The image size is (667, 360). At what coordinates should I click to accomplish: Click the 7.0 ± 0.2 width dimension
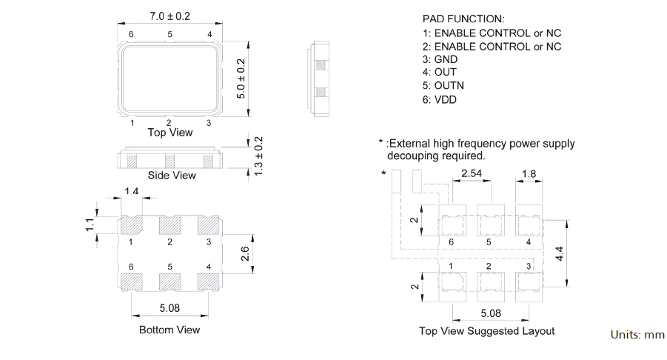tap(170, 16)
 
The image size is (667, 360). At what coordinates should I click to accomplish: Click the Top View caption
tap(170, 133)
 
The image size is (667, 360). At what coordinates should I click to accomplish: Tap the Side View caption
tap(172, 176)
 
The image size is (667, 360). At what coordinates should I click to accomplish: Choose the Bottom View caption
tap(170, 330)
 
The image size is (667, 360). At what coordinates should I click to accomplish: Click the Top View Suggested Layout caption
tap(486, 331)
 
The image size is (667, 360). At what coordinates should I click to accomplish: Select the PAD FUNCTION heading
tap(463, 19)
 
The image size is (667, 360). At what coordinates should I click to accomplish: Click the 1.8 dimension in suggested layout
tap(529, 174)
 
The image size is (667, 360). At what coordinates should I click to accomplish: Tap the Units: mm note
tap(637, 335)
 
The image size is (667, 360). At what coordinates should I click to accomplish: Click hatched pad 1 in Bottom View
tap(131, 225)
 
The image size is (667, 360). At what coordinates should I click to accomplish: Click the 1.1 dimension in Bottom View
tap(90, 224)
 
